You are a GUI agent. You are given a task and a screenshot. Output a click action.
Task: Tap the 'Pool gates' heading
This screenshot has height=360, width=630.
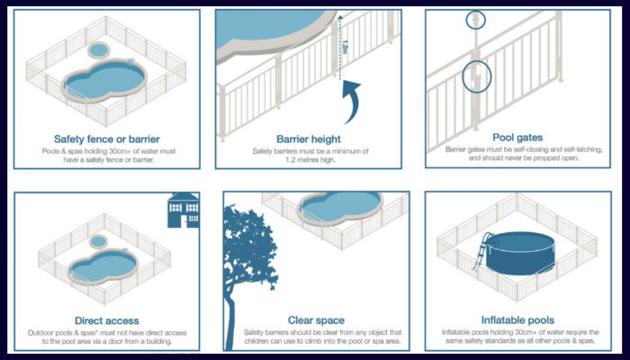tap(517, 138)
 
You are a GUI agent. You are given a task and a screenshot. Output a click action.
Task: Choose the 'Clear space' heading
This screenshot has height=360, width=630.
tap(316, 320)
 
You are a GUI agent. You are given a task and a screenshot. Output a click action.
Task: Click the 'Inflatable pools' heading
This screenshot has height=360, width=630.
tap(518, 320)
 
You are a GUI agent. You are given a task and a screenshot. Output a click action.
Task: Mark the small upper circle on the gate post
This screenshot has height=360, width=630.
tap(474, 19)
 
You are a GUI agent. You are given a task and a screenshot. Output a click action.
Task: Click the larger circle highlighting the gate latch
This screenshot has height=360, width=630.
tap(476, 76)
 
